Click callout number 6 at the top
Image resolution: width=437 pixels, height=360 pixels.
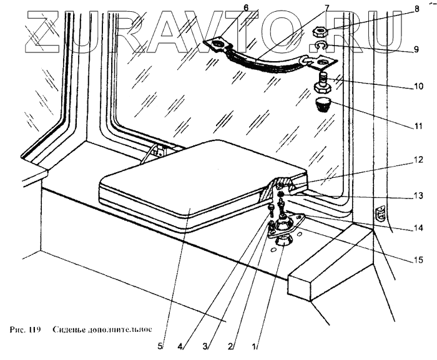[x=211, y=7]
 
